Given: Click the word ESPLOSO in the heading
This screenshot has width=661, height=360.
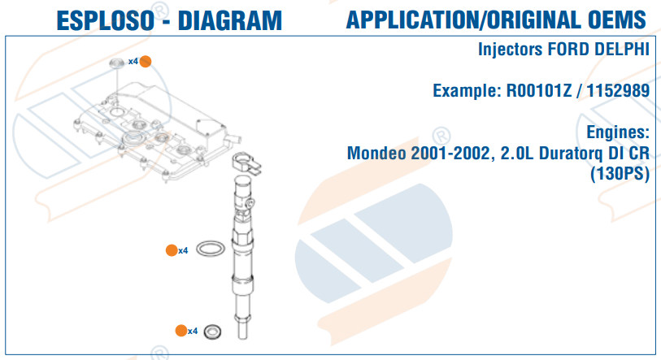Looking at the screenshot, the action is pos(106,20).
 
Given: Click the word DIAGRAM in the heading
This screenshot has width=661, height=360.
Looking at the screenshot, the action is pos(230,20).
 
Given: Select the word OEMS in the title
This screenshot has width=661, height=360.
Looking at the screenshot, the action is pos(617,20).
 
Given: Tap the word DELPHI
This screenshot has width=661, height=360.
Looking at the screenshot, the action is pos(621,50).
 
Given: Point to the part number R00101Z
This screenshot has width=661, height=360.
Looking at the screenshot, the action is pos(538,91).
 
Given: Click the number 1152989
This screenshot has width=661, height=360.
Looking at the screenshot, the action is pos(618,91).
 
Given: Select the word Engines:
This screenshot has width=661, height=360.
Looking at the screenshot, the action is pos(618,132).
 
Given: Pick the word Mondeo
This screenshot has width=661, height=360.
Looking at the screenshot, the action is pos(376,153).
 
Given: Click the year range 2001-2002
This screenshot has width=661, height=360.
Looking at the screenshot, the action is pos(451,153).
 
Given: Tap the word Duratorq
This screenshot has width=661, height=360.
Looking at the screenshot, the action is pos(571,154).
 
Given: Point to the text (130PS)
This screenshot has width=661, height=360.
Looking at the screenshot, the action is pos(620,173).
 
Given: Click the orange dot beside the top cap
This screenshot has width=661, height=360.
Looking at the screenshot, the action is pos(146,62).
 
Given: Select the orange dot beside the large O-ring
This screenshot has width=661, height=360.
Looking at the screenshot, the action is pos(172,250).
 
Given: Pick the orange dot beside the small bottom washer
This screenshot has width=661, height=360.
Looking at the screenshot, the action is pos(181,331).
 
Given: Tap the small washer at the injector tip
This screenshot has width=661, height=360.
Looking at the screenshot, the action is pos(205,332).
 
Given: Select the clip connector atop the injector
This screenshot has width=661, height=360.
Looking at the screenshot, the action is pos(246,163).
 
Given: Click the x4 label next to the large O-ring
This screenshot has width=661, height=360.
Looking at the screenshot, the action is pos(183,251).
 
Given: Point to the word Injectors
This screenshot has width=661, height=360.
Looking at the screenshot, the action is pos(510,50).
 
